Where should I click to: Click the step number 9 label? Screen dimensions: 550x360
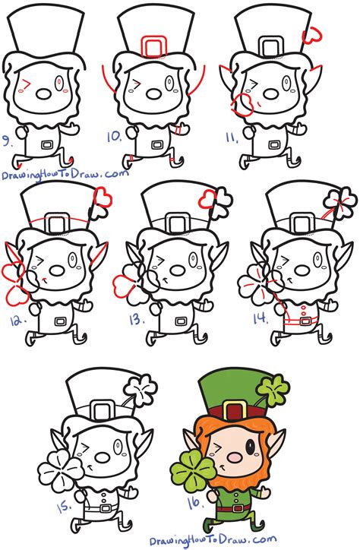10,139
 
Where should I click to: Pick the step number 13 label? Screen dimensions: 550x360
135,319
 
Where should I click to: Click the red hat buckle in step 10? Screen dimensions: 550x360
154,46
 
